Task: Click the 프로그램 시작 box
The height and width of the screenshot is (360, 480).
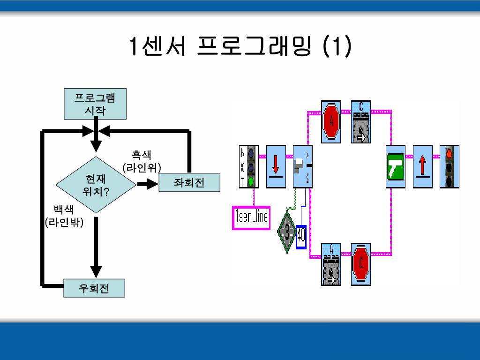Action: point(95,104)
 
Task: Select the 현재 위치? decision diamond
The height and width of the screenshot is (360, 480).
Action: point(95,185)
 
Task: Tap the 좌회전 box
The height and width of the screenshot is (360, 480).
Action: point(189,182)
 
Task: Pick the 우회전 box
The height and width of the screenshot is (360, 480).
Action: point(95,288)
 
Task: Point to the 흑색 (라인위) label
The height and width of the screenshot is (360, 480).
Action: point(142,161)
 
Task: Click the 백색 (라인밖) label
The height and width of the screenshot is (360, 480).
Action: point(64,216)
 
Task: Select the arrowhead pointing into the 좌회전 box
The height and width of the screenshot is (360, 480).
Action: point(153,184)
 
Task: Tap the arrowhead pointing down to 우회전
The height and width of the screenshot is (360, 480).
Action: point(96,271)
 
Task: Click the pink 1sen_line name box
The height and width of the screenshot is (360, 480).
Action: point(251,217)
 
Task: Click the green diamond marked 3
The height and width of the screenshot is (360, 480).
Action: point(286,232)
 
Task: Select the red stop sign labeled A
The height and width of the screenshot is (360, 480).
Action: point(331,121)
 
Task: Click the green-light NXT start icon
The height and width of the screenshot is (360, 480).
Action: point(249,166)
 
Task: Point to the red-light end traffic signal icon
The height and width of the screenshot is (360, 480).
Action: point(450,166)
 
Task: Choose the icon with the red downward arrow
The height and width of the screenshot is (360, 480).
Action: point(276,166)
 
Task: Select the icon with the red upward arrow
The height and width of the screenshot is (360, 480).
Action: point(422,166)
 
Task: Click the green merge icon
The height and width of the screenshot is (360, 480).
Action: point(396,166)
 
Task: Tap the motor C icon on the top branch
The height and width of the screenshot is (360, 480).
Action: point(361,121)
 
